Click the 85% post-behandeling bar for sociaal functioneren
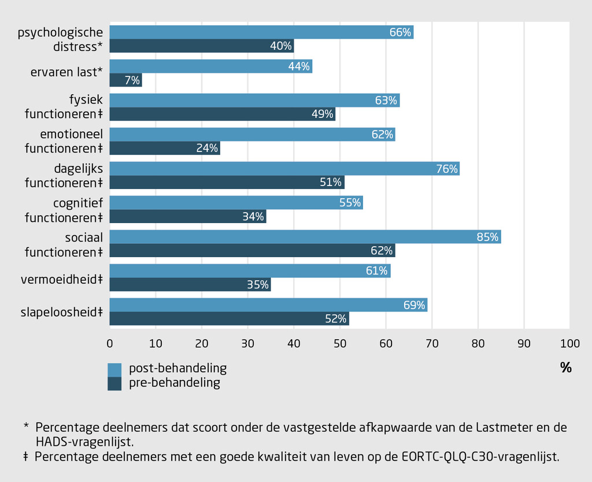pyautogui.click(x=305, y=237)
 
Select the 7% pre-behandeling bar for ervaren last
pyautogui.click(x=125, y=80)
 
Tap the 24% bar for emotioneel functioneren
pyautogui.click(x=165, y=149)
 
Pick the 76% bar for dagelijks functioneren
pyautogui.click(x=284, y=169)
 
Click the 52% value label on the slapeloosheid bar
pyautogui.click(x=335, y=319)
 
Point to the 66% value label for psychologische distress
pyautogui.click(x=401, y=33)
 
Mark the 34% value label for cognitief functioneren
pyautogui.click(x=253, y=217)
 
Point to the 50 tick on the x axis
pyautogui.click(x=339, y=344)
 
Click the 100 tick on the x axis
pyautogui.click(x=569, y=344)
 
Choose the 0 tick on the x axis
pyautogui.click(x=110, y=344)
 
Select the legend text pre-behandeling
pyautogui.click(x=174, y=383)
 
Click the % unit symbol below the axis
pyautogui.click(x=565, y=368)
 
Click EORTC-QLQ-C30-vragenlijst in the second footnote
pyautogui.click(x=480, y=457)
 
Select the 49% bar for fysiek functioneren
pyautogui.click(x=223, y=114)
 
